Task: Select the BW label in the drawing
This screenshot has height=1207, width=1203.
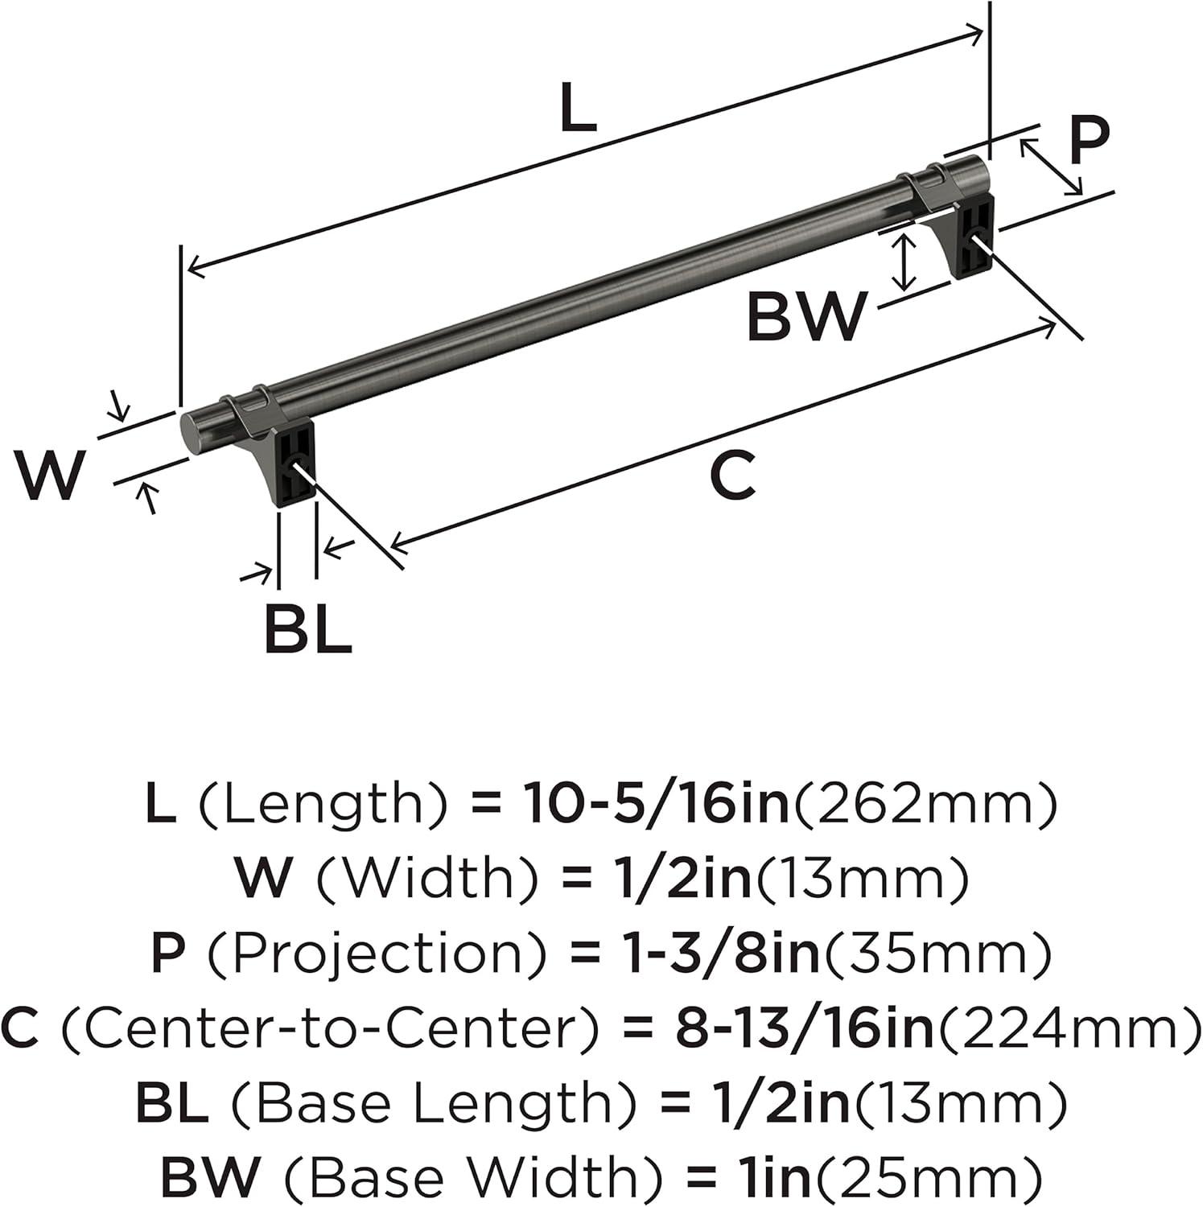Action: (x=806, y=316)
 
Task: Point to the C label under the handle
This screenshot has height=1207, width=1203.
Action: (x=733, y=475)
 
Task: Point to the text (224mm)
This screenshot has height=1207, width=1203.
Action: (x=1068, y=1028)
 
